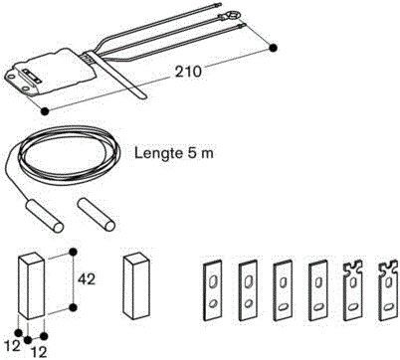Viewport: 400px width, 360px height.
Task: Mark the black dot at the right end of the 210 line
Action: coord(273,46)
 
